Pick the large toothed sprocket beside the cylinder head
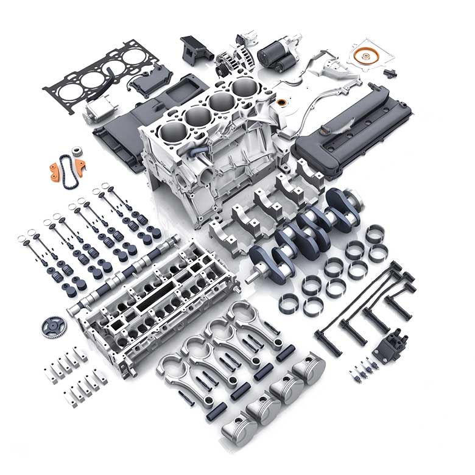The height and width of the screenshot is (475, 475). pyautogui.click(x=55, y=326)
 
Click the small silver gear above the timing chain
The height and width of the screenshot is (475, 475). pyautogui.click(x=77, y=152)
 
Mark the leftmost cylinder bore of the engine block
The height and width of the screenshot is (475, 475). pyautogui.click(x=174, y=132)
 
